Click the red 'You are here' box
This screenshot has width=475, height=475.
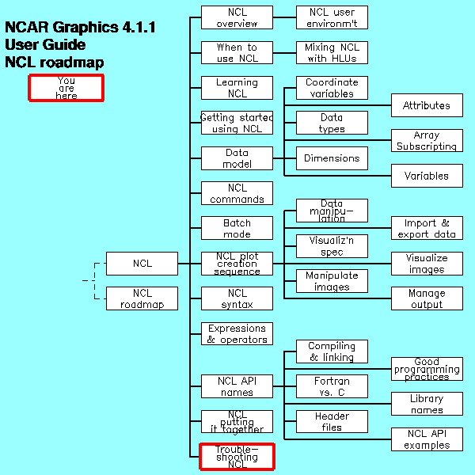(x=66, y=88)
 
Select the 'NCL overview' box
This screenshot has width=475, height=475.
(x=237, y=17)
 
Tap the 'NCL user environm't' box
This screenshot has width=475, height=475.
(x=332, y=17)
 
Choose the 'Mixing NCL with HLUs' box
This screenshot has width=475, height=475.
(x=332, y=53)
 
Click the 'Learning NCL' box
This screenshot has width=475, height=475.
(x=237, y=88)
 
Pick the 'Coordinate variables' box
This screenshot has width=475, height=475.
(x=332, y=88)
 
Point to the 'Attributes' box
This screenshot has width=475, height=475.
(x=427, y=105)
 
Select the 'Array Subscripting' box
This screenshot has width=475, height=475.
(x=427, y=141)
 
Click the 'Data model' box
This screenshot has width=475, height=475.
(x=237, y=158)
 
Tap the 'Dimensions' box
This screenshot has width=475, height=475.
(x=332, y=158)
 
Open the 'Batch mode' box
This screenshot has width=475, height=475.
(x=237, y=228)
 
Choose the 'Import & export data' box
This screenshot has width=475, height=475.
(x=427, y=228)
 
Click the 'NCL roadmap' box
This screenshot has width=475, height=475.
(x=142, y=298)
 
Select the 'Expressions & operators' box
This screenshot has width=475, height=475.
(x=237, y=333)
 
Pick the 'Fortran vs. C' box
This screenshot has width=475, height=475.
(x=332, y=386)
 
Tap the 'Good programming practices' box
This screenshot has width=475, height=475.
(x=427, y=369)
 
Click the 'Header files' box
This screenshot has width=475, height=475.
(x=332, y=421)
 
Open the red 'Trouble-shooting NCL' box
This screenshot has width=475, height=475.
(x=237, y=457)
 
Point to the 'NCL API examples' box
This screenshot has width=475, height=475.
(x=427, y=439)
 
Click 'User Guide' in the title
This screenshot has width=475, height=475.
(x=46, y=45)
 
